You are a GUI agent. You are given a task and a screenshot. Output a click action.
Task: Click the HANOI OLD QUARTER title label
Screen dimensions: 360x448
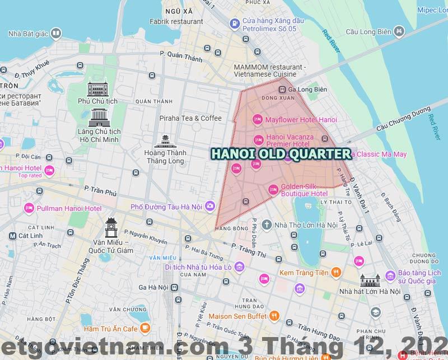tap(280, 153)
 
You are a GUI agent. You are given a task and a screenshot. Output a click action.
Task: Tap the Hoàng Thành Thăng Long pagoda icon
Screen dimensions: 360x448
tap(165, 142)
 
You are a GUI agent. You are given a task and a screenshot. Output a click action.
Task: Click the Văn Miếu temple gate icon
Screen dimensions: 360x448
tap(112, 228)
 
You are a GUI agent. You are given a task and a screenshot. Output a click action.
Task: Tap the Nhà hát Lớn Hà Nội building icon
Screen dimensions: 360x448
tap(371, 279)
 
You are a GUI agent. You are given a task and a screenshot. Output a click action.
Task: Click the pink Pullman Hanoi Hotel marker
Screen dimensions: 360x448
tap(29, 209)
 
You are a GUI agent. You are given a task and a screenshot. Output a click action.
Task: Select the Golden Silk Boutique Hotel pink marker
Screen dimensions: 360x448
tap(273, 189)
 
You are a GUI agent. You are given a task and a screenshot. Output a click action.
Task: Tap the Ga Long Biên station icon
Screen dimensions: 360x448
tap(283, 90)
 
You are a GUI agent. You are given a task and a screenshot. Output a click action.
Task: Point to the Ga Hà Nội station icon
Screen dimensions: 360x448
tap(175, 287)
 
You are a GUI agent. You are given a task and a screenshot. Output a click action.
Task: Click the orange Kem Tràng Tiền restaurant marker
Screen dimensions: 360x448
tap(335, 273)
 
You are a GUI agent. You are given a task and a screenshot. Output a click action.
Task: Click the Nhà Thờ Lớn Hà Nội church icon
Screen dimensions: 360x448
tap(267, 225)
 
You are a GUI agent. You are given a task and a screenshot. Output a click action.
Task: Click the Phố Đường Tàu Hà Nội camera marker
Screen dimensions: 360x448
tap(209, 207)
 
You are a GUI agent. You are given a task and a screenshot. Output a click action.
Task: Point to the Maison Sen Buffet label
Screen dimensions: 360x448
tap(237, 316)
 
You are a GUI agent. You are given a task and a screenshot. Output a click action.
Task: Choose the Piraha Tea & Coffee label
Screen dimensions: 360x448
tap(190, 118)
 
